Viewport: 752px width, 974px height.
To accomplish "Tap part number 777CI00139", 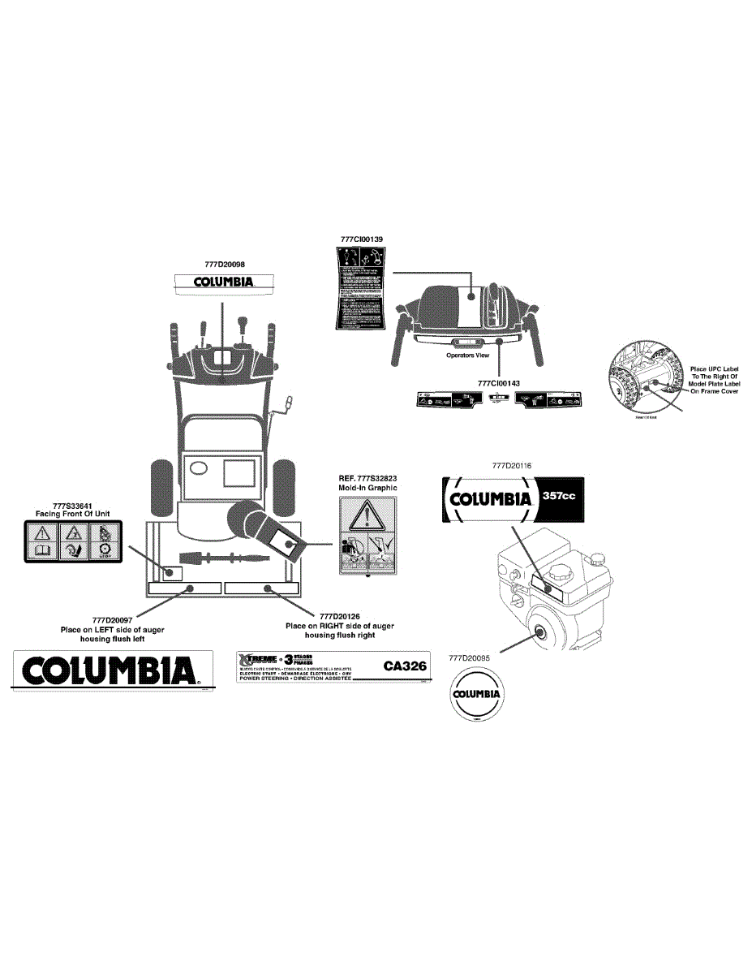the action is (361, 239).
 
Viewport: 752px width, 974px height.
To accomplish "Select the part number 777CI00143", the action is (499, 383).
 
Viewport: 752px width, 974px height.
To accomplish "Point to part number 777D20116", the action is (511, 467).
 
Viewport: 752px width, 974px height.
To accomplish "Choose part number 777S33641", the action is (73, 505).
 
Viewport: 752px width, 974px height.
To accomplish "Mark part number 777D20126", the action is (341, 616).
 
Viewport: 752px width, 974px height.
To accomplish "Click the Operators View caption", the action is (468, 356).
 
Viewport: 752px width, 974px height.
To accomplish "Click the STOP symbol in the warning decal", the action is (105, 552).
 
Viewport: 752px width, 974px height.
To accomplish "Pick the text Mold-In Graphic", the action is (368, 488).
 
